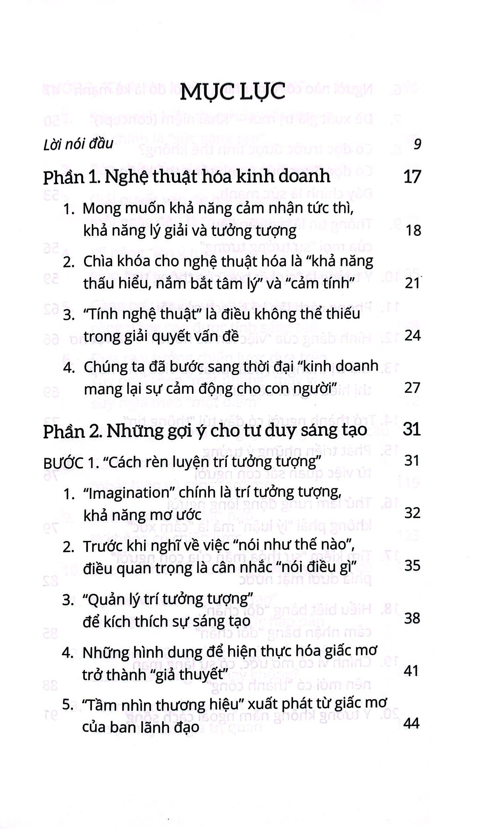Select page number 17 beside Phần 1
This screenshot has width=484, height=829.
412,177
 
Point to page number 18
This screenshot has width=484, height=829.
413,231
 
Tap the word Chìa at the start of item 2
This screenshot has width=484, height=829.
97,262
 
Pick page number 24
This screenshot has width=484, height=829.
412,336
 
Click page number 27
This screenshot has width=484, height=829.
412,388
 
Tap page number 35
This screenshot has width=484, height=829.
412,566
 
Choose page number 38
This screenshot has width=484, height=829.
412,618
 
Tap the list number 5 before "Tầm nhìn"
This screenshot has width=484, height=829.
67,705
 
